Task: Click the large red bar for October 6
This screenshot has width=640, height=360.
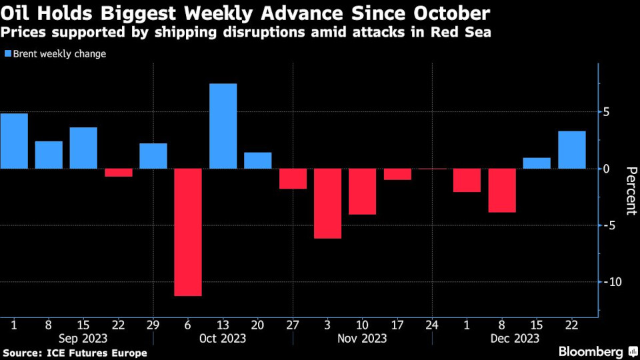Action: (188, 232)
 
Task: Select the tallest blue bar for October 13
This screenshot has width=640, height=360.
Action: (223, 126)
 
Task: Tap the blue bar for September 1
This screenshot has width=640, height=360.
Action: (14, 141)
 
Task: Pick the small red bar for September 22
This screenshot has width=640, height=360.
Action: (119, 173)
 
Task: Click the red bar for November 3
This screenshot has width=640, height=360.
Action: (327, 203)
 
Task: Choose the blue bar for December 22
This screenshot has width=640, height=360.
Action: (571, 150)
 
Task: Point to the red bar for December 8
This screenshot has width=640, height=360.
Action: (502, 191)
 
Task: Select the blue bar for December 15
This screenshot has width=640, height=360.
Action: (537, 163)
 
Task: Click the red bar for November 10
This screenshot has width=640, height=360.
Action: (362, 191)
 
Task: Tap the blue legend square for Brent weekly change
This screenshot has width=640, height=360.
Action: (7, 54)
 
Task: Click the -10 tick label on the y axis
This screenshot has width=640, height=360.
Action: (612, 282)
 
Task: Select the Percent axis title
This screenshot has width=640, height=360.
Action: (627, 191)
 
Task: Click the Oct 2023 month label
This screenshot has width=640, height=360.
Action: (223, 339)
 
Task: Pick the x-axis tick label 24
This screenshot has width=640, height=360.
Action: (431, 325)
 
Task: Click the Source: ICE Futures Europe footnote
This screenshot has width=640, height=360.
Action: (75, 352)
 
